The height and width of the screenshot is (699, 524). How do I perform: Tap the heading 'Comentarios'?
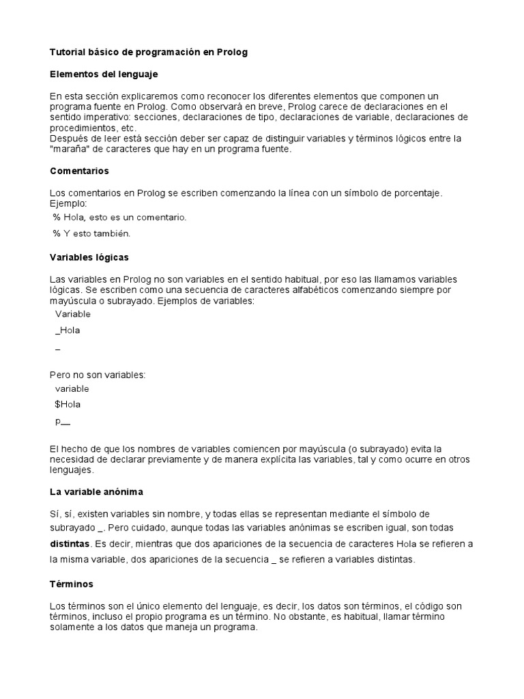tap(80, 171)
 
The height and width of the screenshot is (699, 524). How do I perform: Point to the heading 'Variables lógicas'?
tap(89, 257)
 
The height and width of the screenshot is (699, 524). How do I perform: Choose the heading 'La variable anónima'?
tap(96, 491)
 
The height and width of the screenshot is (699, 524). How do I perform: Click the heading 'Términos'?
tap(72, 584)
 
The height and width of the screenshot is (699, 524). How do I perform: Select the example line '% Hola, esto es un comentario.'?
tap(119, 217)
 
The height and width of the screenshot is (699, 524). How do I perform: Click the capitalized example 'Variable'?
tap(72, 314)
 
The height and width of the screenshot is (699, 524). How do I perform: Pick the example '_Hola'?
tap(68, 330)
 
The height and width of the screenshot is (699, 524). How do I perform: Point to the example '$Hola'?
tap(68, 404)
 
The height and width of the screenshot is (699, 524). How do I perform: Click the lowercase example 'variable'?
tap(72, 388)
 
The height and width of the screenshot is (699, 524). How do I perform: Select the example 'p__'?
tap(63, 421)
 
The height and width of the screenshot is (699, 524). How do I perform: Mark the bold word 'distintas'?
tap(70, 544)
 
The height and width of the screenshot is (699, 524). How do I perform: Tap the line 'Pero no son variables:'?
tap(98, 374)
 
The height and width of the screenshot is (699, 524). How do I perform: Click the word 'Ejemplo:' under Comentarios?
tap(69, 203)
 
